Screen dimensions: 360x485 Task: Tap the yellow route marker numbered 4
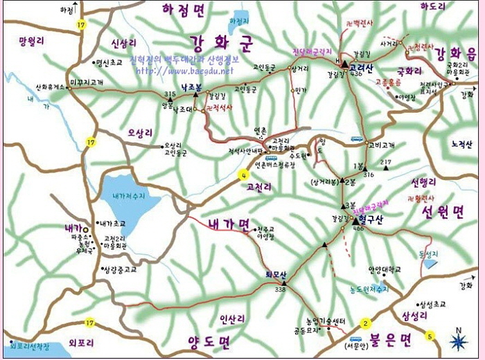click(243, 174)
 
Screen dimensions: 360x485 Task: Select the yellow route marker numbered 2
click(365, 323)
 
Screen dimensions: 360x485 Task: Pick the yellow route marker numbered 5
click(430, 337)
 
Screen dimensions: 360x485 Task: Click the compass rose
click(458, 341)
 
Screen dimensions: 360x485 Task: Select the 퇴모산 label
click(275, 274)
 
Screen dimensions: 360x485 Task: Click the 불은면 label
click(390, 339)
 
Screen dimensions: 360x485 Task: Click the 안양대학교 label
click(385, 269)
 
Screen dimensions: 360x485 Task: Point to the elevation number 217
click(386, 161)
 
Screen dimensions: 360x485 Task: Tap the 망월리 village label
click(31, 41)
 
